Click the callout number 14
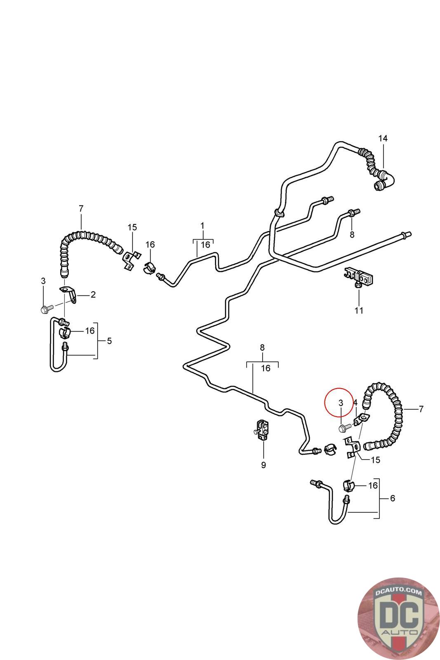(x=383, y=138)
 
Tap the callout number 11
(x=359, y=310)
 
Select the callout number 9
(x=263, y=465)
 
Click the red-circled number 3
(x=341, y=402)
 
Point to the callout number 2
(x=93, y=295)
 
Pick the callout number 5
(x=109, y=341)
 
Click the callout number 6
(x=392, y=498)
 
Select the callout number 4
(x=355, y=402)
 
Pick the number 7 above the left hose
(x=81, y=209)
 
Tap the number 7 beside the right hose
(x=421, y=409)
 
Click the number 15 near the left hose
(x=132, y=227)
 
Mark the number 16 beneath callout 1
(x=205, y=245)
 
